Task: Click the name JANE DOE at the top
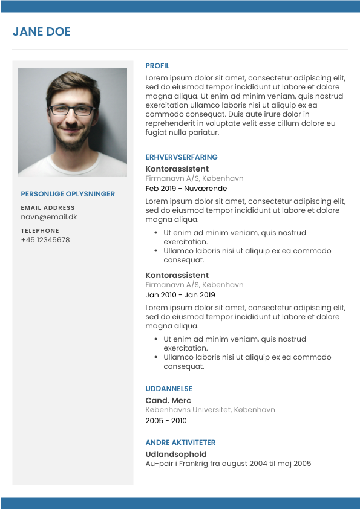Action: point(42,32)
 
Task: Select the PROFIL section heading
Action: point(157,66)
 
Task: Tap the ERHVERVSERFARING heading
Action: point(182,157)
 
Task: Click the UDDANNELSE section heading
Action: point(169,389)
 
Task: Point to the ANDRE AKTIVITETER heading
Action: point(180,443)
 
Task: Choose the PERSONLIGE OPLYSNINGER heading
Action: point(68,194)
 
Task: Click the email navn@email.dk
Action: point(49,217)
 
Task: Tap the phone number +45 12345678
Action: point(45,240)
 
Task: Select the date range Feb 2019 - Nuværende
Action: point(186,189)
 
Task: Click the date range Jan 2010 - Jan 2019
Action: point(180,295)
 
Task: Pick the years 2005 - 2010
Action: point(166,421)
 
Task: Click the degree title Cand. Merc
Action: point(168,401)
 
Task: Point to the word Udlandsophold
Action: point(176,454)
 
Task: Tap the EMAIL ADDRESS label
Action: point(48,208)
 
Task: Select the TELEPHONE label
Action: point(40,231)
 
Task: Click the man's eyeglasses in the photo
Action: point(72,111)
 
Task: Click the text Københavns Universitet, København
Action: point(211,410)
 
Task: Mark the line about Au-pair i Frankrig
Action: point(228,464)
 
